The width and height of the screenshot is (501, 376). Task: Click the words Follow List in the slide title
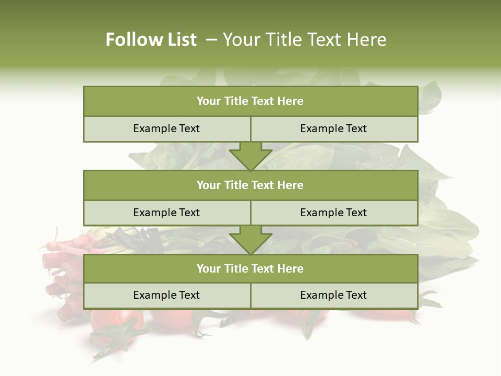tap(151, 40)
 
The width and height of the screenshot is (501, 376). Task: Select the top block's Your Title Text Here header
tap(250, 101)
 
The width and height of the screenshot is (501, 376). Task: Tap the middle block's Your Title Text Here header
tap(250, 185)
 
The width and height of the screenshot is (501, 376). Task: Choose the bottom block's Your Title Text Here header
tap(250, 268)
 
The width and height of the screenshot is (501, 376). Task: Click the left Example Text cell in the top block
tap(166, 128)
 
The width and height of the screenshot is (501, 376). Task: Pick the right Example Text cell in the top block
tap(333, 128)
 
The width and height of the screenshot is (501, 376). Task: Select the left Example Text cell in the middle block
tap(166, 213)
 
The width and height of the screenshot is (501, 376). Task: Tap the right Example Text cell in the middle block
tap(333, 213)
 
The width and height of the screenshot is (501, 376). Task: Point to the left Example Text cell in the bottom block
tap(166, 295)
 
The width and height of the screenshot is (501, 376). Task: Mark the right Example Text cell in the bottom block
tap(333, 295)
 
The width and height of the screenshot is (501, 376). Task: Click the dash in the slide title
tap(211, 40)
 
